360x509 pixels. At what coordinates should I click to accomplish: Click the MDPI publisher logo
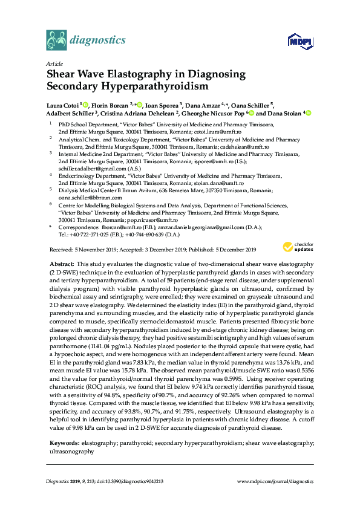[x=301, y=41]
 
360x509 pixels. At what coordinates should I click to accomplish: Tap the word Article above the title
[x=53, y=63]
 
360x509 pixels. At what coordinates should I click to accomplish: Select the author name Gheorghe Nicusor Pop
[x=221, y=113]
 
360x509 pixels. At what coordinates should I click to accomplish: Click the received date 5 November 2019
[x=100, y=250]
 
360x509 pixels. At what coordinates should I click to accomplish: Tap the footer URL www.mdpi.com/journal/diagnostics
[x=275, y=481]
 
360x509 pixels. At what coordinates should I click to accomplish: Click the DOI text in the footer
[x=127, y=481]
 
